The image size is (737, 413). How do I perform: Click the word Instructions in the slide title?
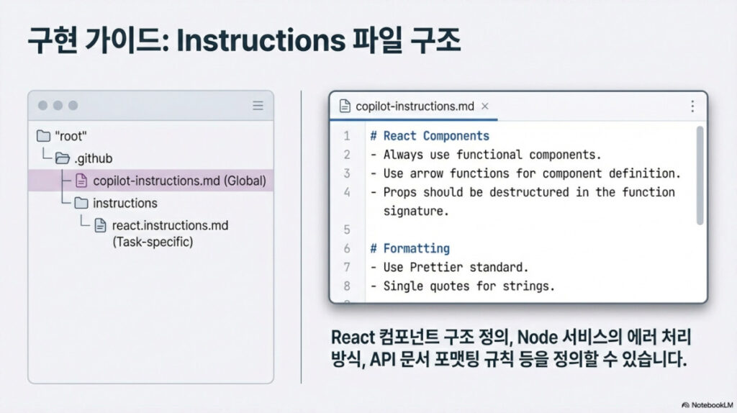[x=261, y=40]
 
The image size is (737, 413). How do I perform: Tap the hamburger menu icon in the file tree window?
[x=258, y=105]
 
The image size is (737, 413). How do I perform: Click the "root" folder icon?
[x=43, y=136]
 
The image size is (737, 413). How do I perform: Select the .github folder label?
[x=93, y=158]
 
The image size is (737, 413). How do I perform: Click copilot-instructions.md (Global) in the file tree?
[x=179, y=181]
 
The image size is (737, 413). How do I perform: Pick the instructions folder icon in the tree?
[x=81, y=203]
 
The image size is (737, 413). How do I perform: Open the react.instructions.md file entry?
[x=170, y=225]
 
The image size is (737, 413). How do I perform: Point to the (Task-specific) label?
[x=153, y=242]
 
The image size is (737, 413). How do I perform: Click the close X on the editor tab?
[x=484, y=106]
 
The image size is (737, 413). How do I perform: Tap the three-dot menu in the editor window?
[x=692, y=106]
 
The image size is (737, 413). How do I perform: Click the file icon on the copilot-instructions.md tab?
[x=345, y=106]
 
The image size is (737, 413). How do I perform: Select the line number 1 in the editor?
[x=347, y=136]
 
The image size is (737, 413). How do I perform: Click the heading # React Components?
[x=430, y=136]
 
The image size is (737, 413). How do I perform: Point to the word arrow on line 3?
[x=426, y=173]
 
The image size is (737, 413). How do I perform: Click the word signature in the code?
[x=417, y=212]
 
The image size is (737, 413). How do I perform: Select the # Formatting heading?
[x=410, y=248]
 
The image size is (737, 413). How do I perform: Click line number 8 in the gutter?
[x=347, y=286]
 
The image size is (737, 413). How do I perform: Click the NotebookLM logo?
[x=707, y=405]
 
